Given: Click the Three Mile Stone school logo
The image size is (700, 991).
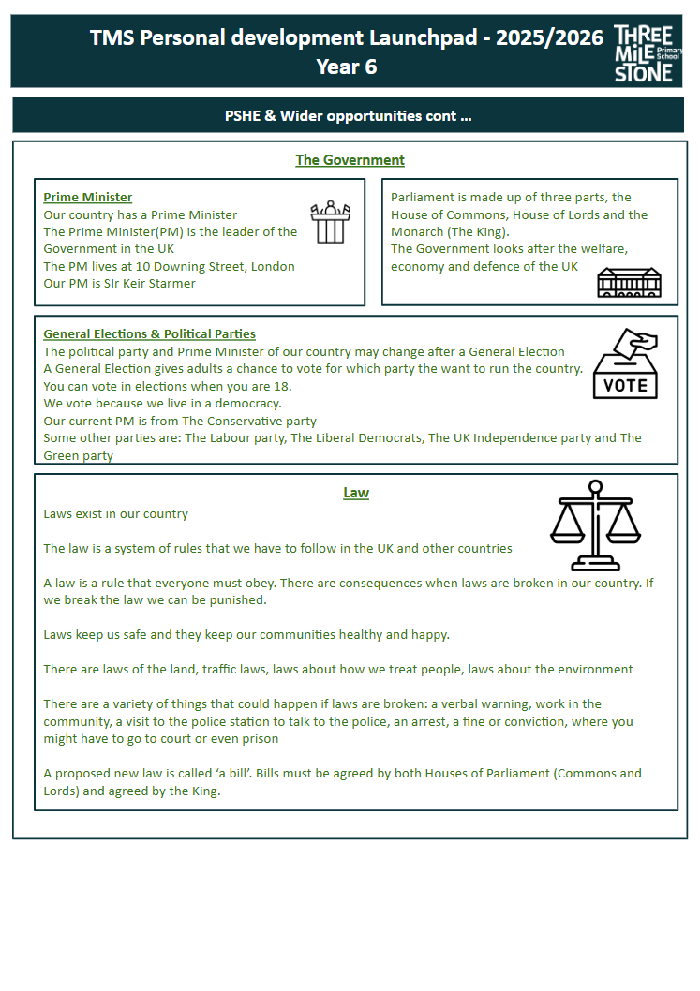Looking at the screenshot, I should pyautogui.click(x=644, y=53).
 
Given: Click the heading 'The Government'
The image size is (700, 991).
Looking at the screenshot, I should pyautogui.click(x=350, y=160).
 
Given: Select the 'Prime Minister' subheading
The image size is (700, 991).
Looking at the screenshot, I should pyautogui.click(x=88, y=198).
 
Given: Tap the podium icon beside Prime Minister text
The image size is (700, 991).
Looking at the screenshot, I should pyautogui.click(x=330, y=222).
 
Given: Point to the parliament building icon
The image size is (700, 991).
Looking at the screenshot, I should pyautogui.click(x=629, y=282).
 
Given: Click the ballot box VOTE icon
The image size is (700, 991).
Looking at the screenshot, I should pyautogui.click(x=625, y=363).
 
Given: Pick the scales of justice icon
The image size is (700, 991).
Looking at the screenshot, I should pyautogui.click(x=595, y=525).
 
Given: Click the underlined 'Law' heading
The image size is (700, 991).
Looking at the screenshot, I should pyautogui.click(x=356, y=493).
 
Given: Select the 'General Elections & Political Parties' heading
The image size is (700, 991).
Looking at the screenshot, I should pyautogui.click(x=149, y=334).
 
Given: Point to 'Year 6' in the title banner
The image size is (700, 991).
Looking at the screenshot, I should pyautogui.click(x=347, y=67).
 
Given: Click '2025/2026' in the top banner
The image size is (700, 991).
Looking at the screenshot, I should pyautogui.click(x=549, y=38).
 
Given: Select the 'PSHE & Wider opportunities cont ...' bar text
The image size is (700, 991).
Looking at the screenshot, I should pyautogui.click(x=349, y=116).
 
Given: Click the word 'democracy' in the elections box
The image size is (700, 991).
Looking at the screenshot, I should pyautogui.click(x=246, y=404).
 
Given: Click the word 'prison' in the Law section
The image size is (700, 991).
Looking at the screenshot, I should pyautogui.click(x=259, y=739).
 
